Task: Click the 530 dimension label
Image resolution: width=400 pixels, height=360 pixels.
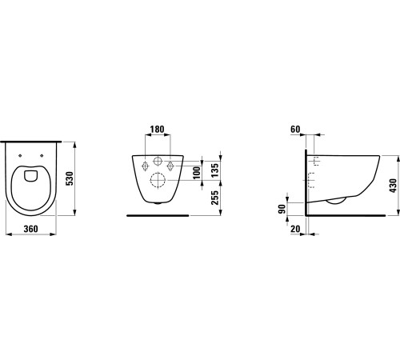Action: point(70,179)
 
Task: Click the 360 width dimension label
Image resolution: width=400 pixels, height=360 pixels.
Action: point(31,229)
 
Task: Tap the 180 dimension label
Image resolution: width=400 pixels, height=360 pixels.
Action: point(157,130)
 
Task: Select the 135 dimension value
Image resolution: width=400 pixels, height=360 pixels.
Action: point(215,170)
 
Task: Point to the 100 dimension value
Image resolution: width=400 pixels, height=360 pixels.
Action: point(197,173)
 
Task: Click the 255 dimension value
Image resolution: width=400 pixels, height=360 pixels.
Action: point(215,198)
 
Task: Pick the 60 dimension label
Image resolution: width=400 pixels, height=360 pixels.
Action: point(295,130)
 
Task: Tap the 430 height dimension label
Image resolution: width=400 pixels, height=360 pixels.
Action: point(394,186)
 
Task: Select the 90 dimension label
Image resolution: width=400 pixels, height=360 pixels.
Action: point(282,209)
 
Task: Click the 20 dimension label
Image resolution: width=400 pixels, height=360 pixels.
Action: point(295,229)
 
